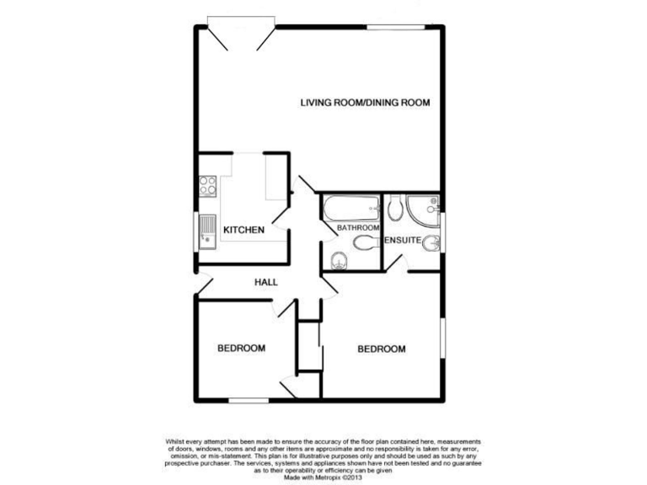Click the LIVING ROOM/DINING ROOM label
pyautogui.click(x=366, y=103)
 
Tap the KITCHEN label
pyautogui.click(x=244, y=230)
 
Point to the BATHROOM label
pyautogui.click(x=358, y=227)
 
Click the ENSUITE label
pyautogui.click(x=403, y=241)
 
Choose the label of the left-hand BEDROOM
pyautogui.click(x=242, y=348)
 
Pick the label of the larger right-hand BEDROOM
pyautogui.click(x=382, y=349)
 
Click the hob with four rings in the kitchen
pyautogui.click(x=208, y=184)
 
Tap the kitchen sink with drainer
pyautogui.click(x=208, y=231)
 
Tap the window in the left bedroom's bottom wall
pyautogui.click(x=248, y=398)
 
